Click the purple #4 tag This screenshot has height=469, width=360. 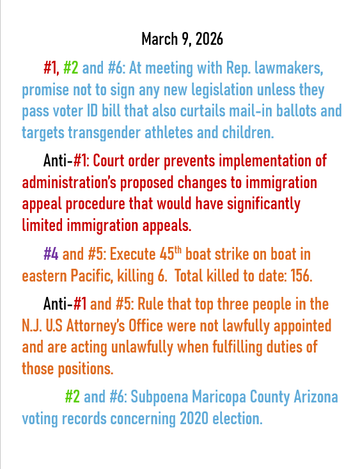pos(51,254)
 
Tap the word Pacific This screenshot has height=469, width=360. pos(87,276)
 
